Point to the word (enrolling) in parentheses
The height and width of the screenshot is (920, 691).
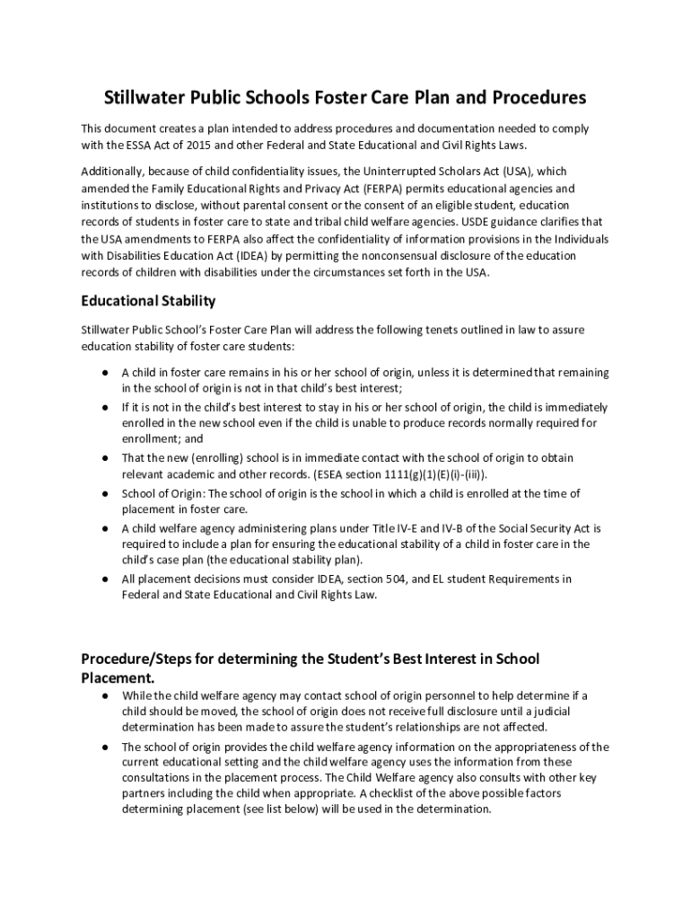tap(197, 457)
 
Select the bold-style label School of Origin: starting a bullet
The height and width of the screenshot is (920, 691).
tap(158, 493)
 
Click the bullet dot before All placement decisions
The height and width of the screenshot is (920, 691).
tap(105, 579)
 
